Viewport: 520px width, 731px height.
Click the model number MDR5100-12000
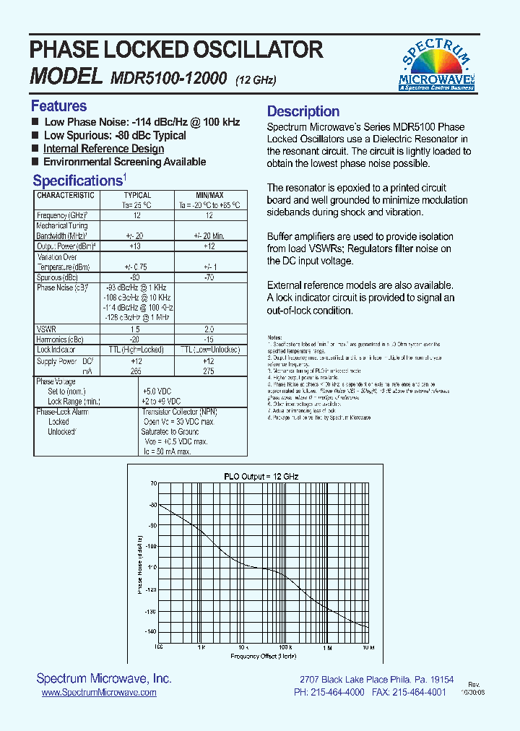tap(169, 77)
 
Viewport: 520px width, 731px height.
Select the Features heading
tap(58, 106)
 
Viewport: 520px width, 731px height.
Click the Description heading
tap(303, 111)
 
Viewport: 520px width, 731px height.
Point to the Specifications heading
tap(77, 181)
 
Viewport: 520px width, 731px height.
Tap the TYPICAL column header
tap(137, 195)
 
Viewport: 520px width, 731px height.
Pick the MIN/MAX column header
tap(209, 195)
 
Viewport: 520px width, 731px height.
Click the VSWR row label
tap(45, 328)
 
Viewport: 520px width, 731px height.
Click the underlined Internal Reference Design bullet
tap(103, 149)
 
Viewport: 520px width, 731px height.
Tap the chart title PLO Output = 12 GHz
tap(261, 476)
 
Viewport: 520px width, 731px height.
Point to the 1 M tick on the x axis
tap(327, 648)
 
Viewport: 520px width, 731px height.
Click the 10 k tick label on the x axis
tap(243, 648)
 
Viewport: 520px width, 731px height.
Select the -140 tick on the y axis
tap(150, 631)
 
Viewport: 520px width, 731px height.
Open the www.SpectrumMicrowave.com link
tap(99, 692)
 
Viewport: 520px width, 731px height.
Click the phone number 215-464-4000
tap(339, 692)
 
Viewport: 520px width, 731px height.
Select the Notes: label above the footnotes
tap(274, 337)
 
